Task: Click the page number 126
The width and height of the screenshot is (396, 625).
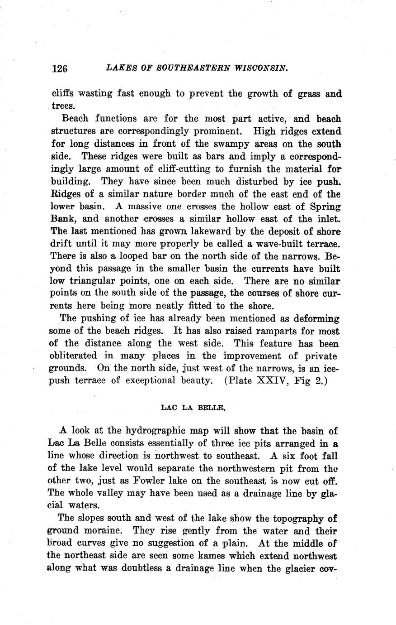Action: click(x=59, y=68)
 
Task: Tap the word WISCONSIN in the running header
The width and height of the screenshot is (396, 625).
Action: click(x=261, y=68)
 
